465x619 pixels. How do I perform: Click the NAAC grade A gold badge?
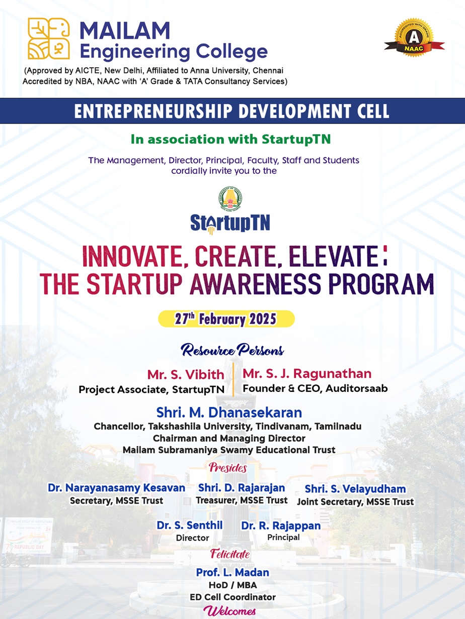pyautogui.click(x=414, y=38)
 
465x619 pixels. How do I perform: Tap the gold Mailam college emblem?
pyautogui.click(x=48, y=38)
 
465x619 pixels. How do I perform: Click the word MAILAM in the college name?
pyautogui.click(x=125, y=31)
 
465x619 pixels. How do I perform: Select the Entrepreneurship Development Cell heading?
pyautogui.click(x=232, y=111)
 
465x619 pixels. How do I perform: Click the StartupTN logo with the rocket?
pyautogui.click(x=230, y=224)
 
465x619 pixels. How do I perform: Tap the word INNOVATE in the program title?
pyautogui.click(x=133, y=256)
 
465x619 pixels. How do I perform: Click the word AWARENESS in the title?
pyautogui.click(x=256, y=284)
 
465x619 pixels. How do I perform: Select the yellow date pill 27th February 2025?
pyautogui.click(x=226, y=319)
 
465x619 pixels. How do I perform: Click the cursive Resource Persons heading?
pyautogui.click(x=232, y=350)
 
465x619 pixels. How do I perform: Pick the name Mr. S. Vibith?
pyautogui.click(x=186, y=374)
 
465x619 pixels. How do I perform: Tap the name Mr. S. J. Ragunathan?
pyautogui.click(x=307, y=373)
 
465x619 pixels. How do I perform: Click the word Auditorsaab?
pyautogui.click(x=357, y=388)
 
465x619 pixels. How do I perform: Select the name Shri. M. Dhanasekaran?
pyautogui.click(x=229, y=412)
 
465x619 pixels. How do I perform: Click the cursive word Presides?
pyautogui.click(x=228, y=468)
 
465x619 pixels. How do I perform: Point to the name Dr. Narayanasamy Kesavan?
pyautogui.click(x=116, y=487)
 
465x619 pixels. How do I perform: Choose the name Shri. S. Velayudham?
pyautogui.click(x=355, y=489)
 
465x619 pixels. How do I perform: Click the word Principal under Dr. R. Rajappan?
pyautogui.click(x=283, y=537)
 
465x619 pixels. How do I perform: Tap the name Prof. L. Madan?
pyautogui.click(x=232, y=572)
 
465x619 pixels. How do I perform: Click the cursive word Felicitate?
pyautogui.click(x=230, y=554)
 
